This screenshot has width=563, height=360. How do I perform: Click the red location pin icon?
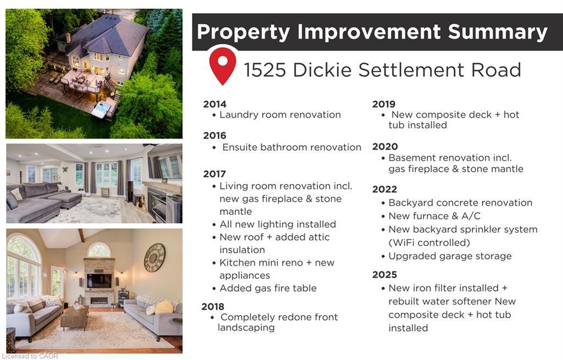223,65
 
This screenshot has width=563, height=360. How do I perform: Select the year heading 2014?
214,104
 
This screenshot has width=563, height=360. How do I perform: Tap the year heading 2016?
214,135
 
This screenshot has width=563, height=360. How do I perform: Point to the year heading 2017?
214,174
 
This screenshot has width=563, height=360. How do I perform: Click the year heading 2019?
384,104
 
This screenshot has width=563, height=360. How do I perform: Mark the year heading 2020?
384,146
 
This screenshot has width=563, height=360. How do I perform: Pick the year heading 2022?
384,189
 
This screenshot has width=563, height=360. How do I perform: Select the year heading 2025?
384,274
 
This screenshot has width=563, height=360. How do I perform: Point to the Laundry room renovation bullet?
280,115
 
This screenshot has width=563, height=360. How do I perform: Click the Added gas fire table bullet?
268,288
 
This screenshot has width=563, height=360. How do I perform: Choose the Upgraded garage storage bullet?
450,256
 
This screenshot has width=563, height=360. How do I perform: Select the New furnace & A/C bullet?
434,216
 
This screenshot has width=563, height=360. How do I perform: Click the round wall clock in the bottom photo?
154,257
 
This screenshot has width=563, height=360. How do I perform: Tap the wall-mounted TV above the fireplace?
100,281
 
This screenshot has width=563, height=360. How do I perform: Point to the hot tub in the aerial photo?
102,110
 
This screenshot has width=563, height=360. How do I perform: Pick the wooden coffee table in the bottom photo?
74,318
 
